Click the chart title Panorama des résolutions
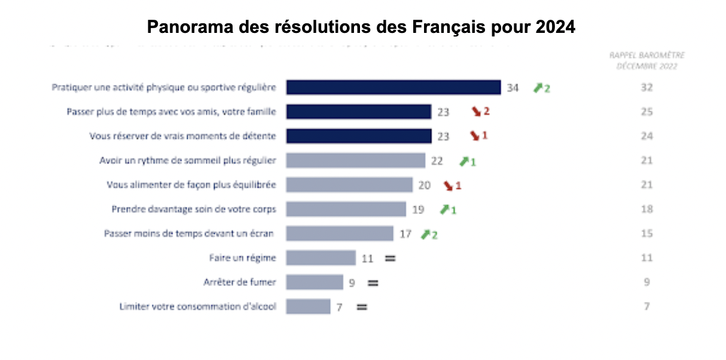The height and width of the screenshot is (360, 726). point(361,27)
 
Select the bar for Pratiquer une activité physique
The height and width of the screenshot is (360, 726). point(393,87)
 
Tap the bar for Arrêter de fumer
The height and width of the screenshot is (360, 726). point(314,282)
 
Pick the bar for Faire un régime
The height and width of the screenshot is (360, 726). point(321,258)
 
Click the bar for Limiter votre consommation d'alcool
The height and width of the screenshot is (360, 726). point(308,306)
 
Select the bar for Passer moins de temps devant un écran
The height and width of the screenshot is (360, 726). point(339,233)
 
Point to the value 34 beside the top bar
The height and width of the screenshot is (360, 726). point(513,88)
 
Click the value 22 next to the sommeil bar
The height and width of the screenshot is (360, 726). point(437,161)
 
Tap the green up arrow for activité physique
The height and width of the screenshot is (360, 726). point(538,88)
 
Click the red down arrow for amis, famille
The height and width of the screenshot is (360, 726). point(477,111)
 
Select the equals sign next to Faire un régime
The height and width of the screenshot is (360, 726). point(390,258)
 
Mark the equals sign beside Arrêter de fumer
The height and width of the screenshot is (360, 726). point(373,282)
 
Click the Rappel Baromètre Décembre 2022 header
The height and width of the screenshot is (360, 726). point(646,60)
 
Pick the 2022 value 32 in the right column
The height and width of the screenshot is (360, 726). point(646,87)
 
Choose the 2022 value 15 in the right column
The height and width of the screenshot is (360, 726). point(646,233)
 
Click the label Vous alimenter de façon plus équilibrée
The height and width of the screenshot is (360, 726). point(191,185)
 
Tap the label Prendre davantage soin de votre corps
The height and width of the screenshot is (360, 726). point(193,209)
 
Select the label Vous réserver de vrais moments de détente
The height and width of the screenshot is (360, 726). point(182,136)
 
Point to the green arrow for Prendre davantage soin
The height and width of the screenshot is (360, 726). point(444,209)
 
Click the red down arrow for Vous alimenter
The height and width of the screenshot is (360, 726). point(448,185)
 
